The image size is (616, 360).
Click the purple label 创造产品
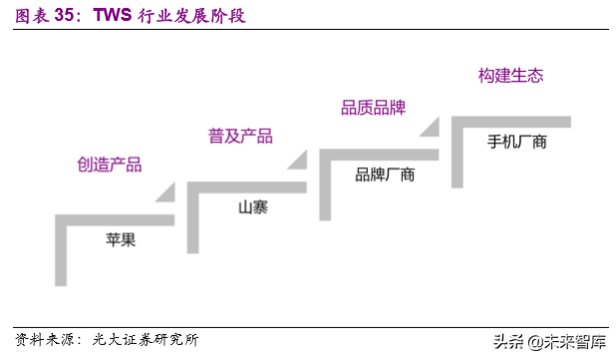tap(110, 165)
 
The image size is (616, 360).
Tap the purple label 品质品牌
tap(374, 107)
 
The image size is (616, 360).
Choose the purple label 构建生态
tap(510, 75)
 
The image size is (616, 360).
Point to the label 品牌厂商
tap(385, 175)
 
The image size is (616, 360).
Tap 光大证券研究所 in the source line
tap(150, 339)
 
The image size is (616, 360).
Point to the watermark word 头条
tap(493, 341)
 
